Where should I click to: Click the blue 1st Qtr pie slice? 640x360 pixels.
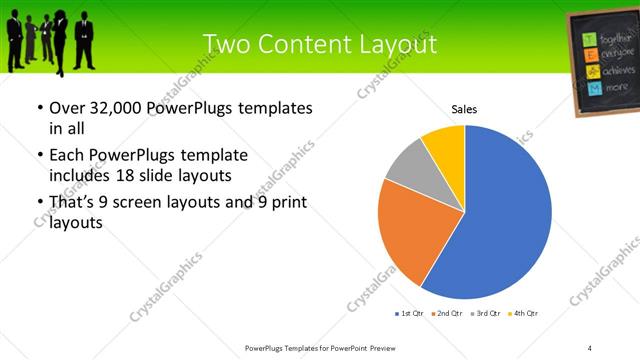(500, 220)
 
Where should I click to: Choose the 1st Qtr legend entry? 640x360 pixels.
(412, 314)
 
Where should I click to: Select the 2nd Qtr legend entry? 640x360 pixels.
(446, 314)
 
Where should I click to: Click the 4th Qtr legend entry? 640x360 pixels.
(522, 314)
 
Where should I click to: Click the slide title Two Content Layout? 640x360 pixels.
(319, 44)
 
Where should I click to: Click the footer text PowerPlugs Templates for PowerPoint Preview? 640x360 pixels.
(319, 347)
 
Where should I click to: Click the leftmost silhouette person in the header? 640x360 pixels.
(14, 38)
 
